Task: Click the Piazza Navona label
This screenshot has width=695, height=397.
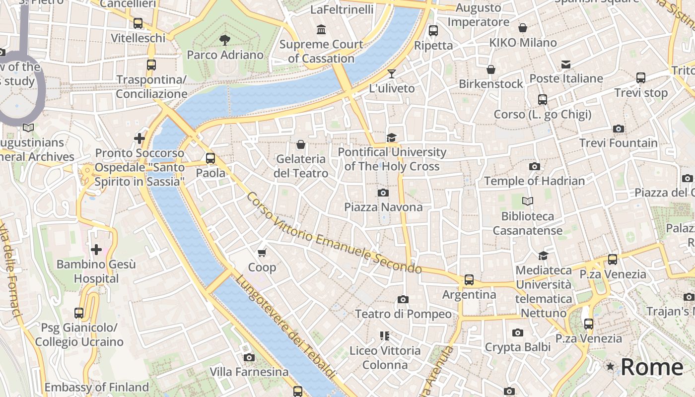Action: (383, 207)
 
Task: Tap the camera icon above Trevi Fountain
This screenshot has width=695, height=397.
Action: (618, 129)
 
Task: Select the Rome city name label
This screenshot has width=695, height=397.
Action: (652, 367)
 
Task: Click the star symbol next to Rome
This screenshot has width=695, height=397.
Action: (610, 367)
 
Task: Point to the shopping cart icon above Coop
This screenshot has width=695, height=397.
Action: (262, 253)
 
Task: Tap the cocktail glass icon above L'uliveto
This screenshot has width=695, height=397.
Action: (392, 74)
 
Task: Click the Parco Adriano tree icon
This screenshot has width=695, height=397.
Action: (225, 40)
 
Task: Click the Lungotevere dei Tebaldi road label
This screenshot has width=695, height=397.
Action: (284, 328)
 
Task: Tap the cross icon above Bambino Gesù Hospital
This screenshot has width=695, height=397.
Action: (96, 249)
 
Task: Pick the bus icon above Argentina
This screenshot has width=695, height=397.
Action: (469, 280)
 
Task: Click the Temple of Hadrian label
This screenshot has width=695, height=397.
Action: (534, 181)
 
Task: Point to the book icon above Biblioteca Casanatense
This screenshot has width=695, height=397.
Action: (528, 201)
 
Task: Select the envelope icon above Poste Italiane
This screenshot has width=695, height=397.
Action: (566, 64)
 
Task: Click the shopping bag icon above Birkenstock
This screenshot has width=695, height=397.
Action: (491, 69)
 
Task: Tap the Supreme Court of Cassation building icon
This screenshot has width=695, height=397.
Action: (321, 30)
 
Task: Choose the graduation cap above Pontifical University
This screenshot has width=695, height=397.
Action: (392, 137)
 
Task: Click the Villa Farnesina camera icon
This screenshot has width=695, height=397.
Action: (249, 357)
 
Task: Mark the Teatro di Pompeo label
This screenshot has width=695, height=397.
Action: (403, 314)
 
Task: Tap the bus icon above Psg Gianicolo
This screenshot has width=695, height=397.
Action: (79, 313)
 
